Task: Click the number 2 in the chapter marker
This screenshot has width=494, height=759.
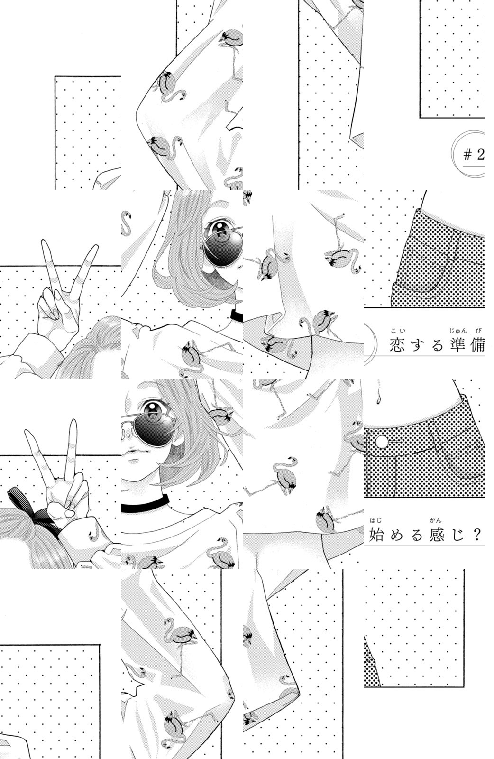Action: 480,155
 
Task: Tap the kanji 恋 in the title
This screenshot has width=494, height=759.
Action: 397,344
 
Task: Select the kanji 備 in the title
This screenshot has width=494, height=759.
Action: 478,344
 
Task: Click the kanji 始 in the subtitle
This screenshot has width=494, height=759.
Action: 376,534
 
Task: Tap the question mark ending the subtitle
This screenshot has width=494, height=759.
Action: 477,534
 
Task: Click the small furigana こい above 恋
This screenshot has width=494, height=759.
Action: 396,331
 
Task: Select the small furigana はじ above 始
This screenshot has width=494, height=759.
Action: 375,521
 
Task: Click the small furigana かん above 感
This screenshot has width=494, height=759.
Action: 435,521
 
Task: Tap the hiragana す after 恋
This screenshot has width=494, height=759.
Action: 417,345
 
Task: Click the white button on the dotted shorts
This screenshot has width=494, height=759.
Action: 382,442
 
